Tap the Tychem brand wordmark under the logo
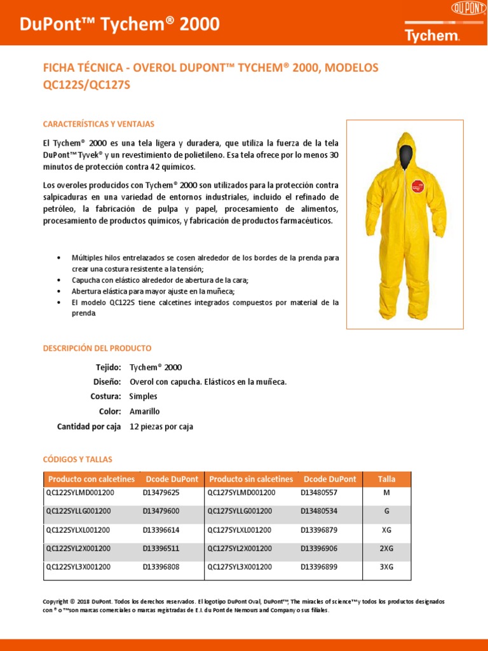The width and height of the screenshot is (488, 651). coord(432,35)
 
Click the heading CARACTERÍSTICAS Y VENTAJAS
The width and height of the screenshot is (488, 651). coord(98,124)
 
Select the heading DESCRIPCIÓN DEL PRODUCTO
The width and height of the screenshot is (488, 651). coord(97,348)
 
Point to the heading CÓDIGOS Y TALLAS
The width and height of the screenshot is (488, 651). coord(77,459)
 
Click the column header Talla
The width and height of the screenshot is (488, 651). coord(386,479)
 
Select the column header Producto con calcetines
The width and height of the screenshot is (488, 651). coord(91,479)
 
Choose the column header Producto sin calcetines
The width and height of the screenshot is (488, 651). coord(251,479)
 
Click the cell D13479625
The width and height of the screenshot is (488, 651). coord(161,493)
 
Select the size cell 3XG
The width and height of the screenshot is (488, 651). coord(386,566)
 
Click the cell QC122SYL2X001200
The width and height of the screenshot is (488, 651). coord(78,548)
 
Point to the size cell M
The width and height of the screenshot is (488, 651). coord(386,493)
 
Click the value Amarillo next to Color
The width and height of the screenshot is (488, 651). coord(145,411)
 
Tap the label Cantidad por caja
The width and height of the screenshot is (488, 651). coord(88,427)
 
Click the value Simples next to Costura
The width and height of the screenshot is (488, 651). coord(143,396)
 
